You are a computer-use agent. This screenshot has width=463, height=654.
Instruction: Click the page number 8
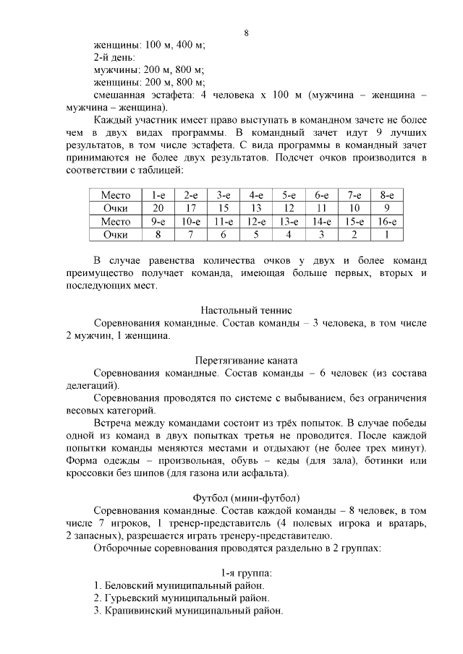coord(247,33)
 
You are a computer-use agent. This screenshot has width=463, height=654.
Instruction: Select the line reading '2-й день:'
coord(114,57)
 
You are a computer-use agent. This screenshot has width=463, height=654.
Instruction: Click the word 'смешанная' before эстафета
coord(121,95)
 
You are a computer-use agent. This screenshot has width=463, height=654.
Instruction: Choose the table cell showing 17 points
coord(190,208)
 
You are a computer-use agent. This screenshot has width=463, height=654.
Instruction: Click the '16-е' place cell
coord(387,222)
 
